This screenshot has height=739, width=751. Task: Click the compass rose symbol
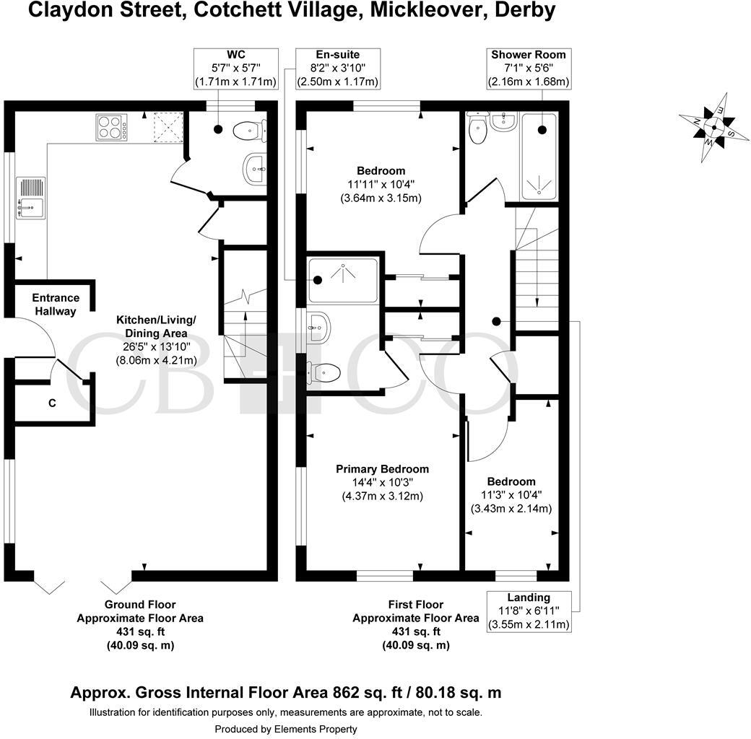point(713,128)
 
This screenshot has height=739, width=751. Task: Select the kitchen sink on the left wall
point(30,198)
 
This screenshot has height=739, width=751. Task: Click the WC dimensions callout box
point(235,69)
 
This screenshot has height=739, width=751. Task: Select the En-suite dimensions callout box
point(337,69)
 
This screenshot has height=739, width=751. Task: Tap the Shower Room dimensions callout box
point(529,69)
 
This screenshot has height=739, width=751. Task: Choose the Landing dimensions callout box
point(529,611)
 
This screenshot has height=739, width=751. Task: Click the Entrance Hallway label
point(54,305)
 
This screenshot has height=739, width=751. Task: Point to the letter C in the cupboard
point(52,403)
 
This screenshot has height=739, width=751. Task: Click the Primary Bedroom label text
point(382,469)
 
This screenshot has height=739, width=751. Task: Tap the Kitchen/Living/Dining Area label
point(155,326)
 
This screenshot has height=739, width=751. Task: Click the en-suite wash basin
point(318,328)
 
